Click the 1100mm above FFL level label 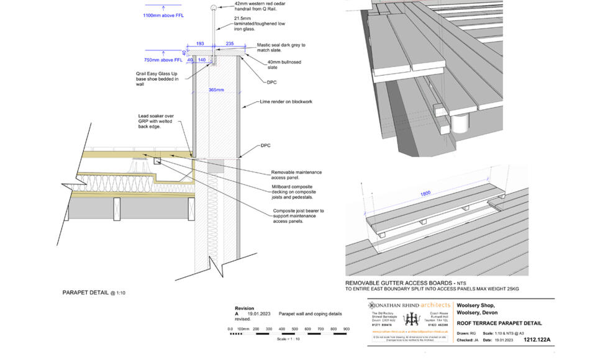coord(163,15)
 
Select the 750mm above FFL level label coord(163,60)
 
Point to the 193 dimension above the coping coord(200,44)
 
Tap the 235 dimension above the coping coord(229,44)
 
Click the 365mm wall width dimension coord(216,90)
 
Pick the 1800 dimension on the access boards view coord(425,194)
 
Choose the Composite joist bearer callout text coord(298,216)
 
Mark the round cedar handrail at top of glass coord(214,7)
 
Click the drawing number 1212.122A coord(537,340)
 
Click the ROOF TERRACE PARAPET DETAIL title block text coord(498,323)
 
